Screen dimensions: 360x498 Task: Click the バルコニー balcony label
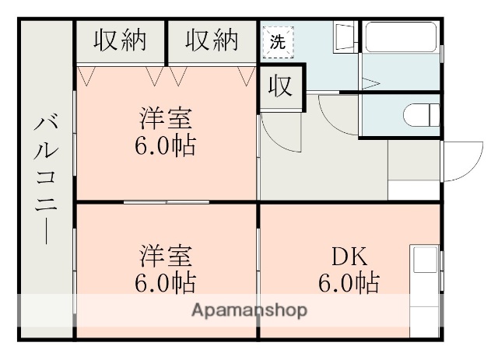tap(45, 179)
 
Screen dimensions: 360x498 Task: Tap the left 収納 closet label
tap(120, 40)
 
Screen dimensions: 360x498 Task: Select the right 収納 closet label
tap(211, 40)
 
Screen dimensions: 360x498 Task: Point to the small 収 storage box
tap(281, 85)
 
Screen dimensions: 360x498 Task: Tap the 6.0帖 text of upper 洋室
tap(165, 145)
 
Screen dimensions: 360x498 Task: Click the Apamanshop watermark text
tap(248, 310)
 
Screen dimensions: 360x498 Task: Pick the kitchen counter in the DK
tap(425, 288)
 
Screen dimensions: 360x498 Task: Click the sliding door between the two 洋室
tap(166, 202)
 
